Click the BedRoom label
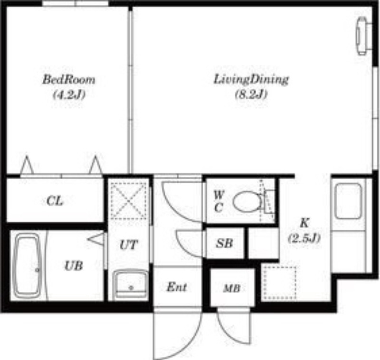click(69, 80)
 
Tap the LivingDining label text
click(251, 80)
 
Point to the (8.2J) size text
click(251, 94)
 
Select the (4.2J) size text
click(69, 95)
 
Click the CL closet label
click(55, 201)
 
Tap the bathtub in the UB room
click(27, 265)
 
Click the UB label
click(74, 266)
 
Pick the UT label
click(129, 245)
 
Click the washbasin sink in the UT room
click(131, 284)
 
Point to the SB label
click(224, 243)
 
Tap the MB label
click(232, 289)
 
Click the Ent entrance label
click(177, 287)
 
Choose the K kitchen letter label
click(304, 223)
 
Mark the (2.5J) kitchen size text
click(304, 238)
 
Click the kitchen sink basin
click(348, 201)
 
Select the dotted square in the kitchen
click(280, 283)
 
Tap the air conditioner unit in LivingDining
click(363, 36)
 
